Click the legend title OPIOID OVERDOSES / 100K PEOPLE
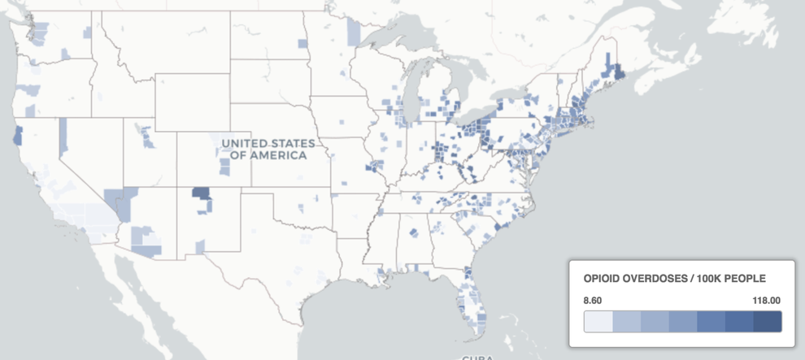674,279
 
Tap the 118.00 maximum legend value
766,301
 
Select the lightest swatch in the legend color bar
598,323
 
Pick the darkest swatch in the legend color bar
767,323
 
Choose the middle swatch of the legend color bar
682,323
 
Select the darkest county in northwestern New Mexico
200,194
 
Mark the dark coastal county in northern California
17,136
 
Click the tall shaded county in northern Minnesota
353,31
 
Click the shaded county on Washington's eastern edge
87,32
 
